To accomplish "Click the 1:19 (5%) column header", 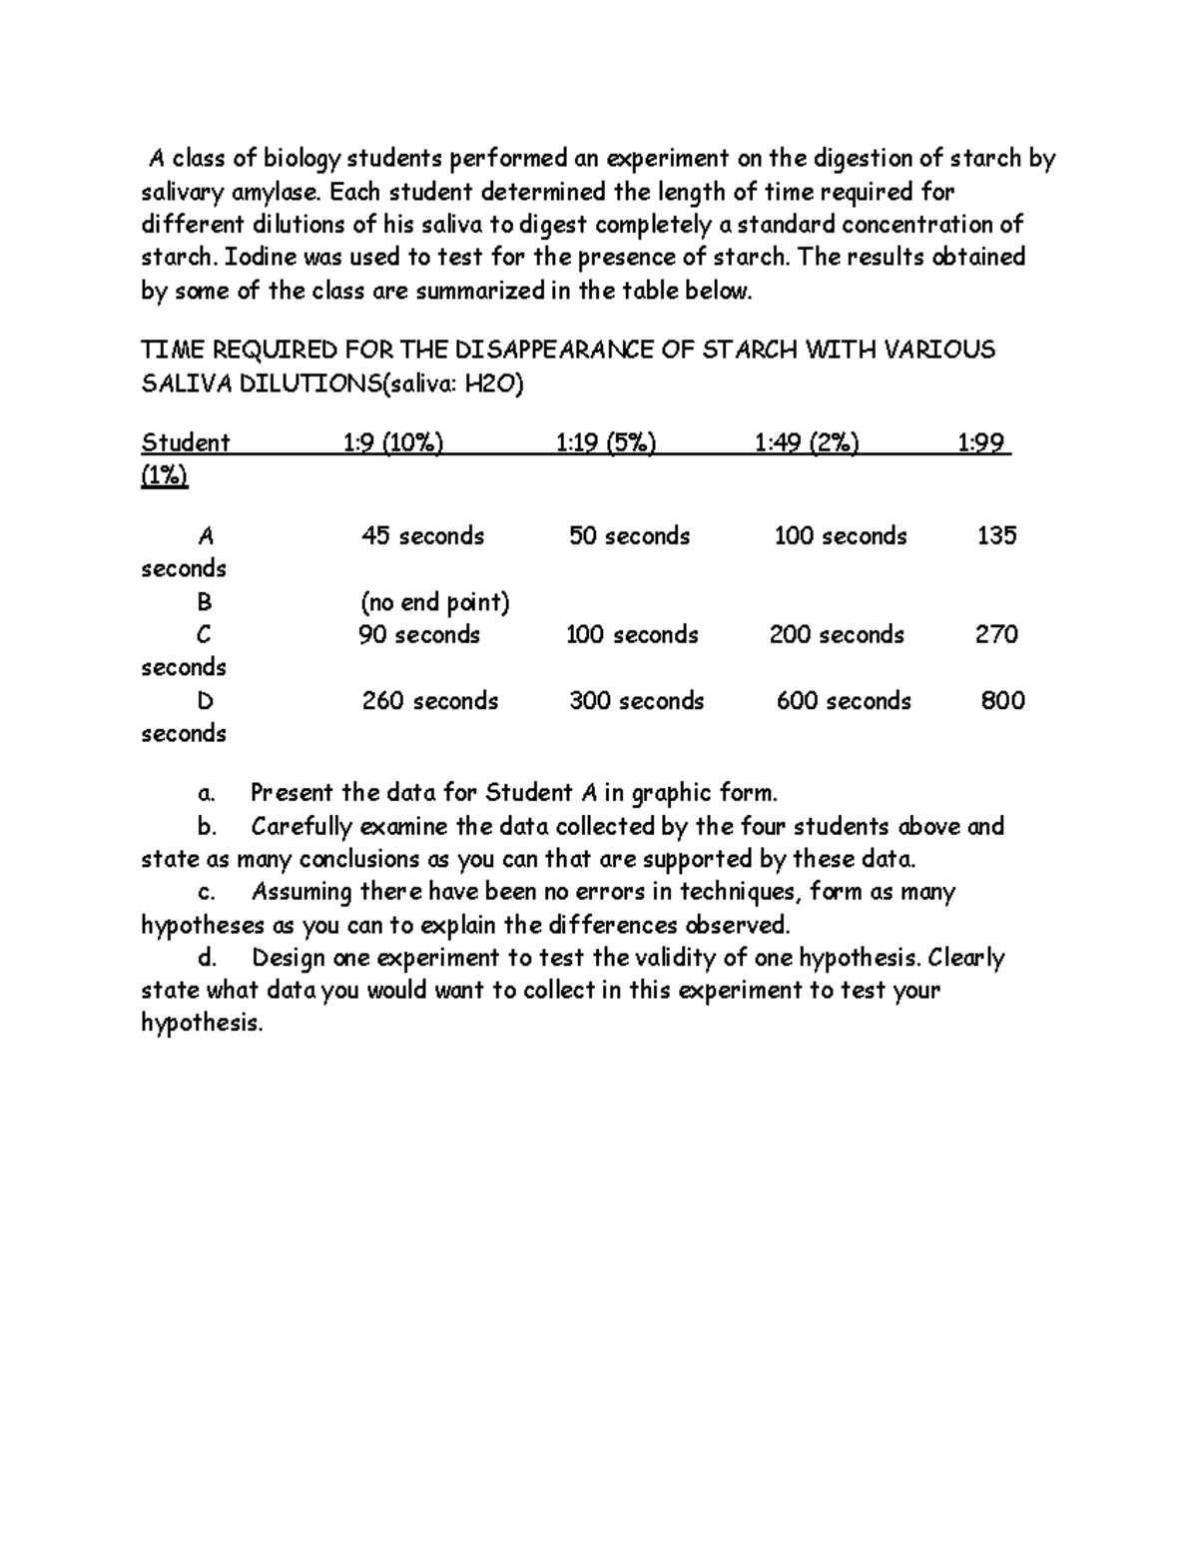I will [x=606, y=442].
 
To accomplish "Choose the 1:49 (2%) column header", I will [x=807, y=442].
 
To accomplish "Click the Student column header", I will [x=186, y=442].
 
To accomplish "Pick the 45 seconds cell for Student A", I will [x=422, y=536].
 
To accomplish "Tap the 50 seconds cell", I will [x=629, y=536].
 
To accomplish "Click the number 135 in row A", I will [x=996, y=536].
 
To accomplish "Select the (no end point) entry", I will [x=434, y=602].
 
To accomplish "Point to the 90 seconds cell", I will [x=419, y=635].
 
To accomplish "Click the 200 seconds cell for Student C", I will [x=837, y=635].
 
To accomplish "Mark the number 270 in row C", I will [x=996, y=635].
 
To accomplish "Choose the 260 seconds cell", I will [x=429, y=701].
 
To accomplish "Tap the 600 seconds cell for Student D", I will [x=844, y=701].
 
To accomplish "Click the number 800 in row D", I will [x=1002, y=701].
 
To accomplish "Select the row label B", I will [x=205, y=602].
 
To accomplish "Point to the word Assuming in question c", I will [x=301, y=892].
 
